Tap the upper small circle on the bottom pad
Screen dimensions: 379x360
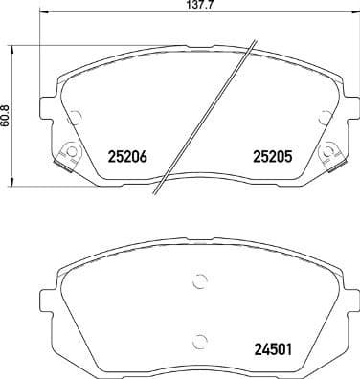click(x=199, y=281)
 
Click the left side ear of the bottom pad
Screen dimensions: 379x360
click(x=45, y=293)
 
